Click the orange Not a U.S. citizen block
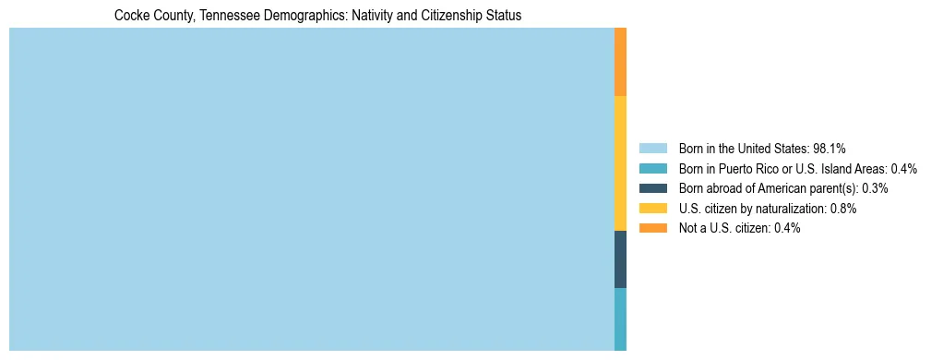click(620, 62)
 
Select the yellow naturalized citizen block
click(620, 163)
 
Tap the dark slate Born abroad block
click(620, 259)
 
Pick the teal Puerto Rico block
click(620, 319)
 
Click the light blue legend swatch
click(652, 149)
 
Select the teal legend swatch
click(652, 169)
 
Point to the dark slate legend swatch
click(652, 188)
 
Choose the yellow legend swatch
click(652, 209)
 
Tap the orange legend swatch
click(652, 228)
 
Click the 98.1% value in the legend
click(830, 149)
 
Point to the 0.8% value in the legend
click(841, 209)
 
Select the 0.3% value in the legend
click(875, 188)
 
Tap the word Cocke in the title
click(130, 16)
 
